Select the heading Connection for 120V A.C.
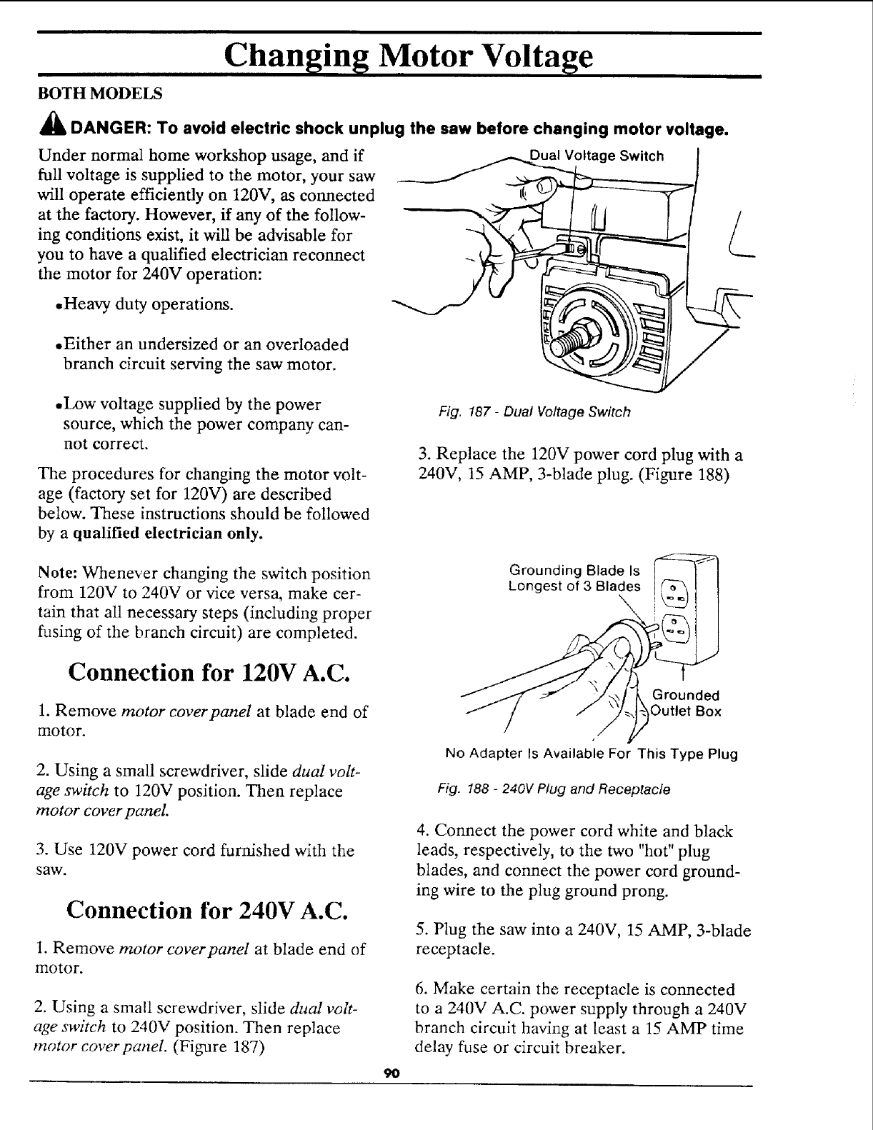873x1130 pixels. (x=209, y=673)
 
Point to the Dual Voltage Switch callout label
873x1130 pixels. (x=597, y=156)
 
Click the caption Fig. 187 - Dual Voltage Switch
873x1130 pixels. (x=535, y=411)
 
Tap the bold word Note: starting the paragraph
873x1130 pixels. (x=57, y=574)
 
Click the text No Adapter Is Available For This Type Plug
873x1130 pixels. (x=591, y=754)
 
